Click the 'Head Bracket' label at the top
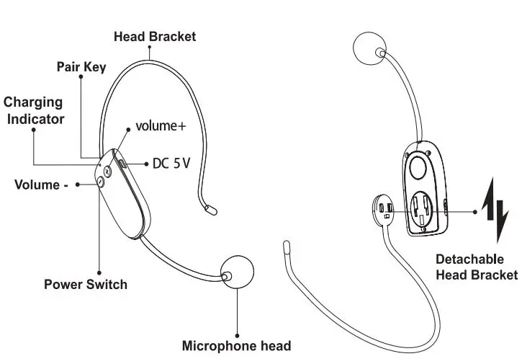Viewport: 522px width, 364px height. (155, 37)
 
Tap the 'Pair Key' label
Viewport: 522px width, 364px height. (81, 67)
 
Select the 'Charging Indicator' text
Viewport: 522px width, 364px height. (34, 110)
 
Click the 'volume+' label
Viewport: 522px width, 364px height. (161, 126)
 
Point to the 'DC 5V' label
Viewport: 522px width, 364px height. (171, 164)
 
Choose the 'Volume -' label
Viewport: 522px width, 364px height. (41, 185)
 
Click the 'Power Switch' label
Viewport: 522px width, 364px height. (86, 283)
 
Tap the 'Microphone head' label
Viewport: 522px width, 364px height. (236, 345)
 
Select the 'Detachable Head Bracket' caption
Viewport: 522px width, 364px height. (476, 267)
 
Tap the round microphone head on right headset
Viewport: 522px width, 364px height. (372, 50)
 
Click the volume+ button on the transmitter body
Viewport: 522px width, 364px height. (109, 171)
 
